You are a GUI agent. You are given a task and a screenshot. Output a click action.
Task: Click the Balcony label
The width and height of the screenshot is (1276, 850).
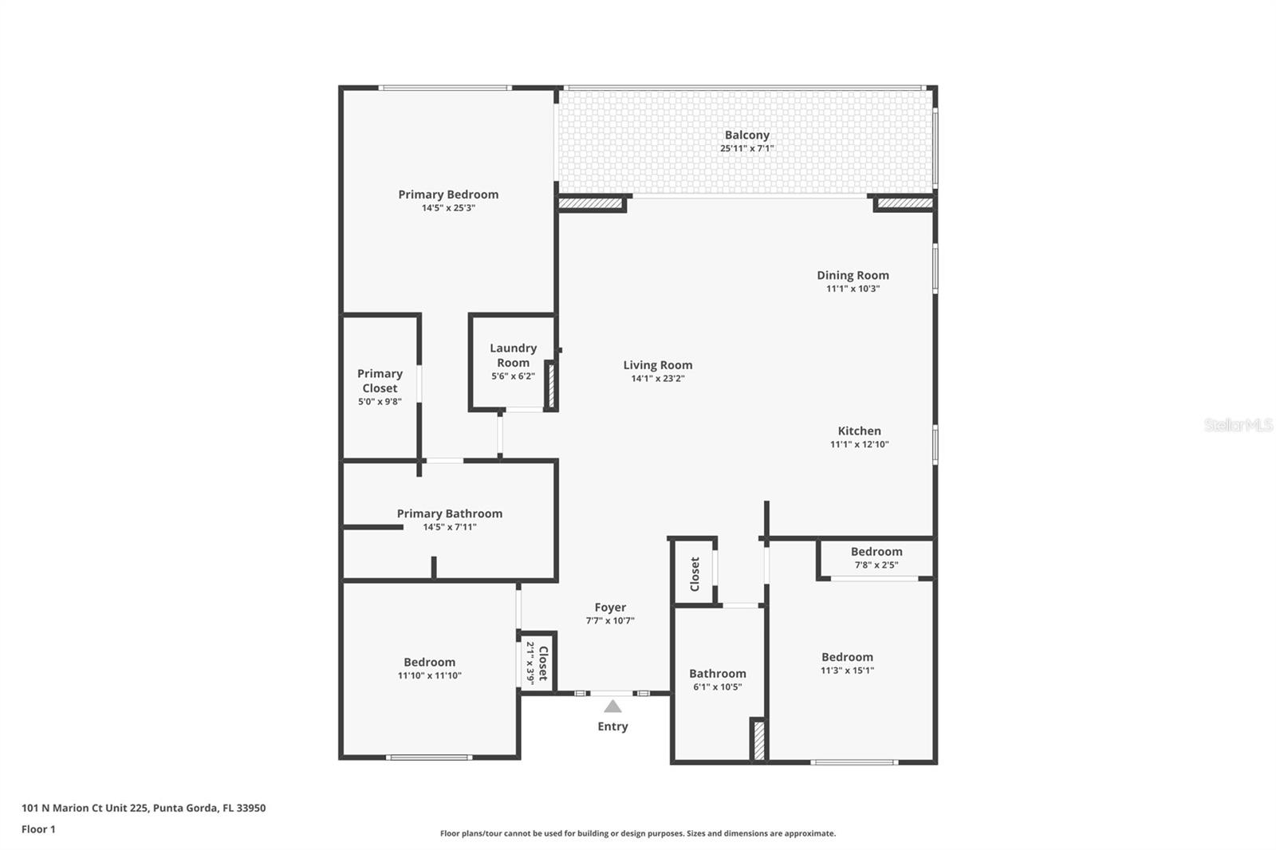point(746,136)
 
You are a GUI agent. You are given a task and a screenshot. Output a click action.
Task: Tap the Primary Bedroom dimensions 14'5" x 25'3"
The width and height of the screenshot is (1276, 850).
point(448,208)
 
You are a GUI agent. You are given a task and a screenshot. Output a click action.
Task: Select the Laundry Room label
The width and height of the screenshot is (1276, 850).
point(513,355)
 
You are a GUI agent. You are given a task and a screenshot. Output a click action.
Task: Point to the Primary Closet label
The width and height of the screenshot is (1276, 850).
point(380,380)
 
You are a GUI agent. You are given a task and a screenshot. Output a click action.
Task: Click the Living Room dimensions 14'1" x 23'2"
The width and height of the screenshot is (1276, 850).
point(658,379)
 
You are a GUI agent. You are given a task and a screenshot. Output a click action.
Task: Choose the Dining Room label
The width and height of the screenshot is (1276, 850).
point(853,275)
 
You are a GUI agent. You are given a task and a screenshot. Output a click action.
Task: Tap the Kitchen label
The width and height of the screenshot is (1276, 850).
point(859,431)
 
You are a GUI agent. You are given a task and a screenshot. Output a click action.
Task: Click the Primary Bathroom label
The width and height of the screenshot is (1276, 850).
point(450,514)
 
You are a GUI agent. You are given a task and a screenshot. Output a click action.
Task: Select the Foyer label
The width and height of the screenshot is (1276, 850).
point(610,608)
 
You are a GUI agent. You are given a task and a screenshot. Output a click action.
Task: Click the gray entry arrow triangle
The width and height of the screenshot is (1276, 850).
point(612,706)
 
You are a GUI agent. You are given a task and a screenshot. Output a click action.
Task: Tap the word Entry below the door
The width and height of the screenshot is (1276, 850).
point(612,726)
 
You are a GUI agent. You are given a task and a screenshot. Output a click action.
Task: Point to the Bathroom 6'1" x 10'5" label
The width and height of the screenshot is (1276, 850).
point(718,674)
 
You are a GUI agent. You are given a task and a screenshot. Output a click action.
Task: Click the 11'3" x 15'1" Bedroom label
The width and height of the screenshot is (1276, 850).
point(847,657)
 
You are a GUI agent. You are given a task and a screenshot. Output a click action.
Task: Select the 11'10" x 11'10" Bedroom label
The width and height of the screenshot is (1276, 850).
point(429,662)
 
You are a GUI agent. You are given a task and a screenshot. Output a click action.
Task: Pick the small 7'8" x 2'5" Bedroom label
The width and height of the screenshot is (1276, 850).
point(876,552)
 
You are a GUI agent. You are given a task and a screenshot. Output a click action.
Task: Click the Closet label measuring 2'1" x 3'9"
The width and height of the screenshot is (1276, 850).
point(543,663)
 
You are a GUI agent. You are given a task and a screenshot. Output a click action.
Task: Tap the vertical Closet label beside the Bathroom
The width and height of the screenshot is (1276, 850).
point(695,573)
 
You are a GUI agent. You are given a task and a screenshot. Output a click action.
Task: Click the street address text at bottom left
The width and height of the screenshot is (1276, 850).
point(144,808)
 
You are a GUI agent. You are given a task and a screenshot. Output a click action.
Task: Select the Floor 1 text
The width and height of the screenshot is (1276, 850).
point(38,829)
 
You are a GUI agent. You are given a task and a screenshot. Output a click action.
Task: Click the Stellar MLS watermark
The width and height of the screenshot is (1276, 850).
point(1238,425)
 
